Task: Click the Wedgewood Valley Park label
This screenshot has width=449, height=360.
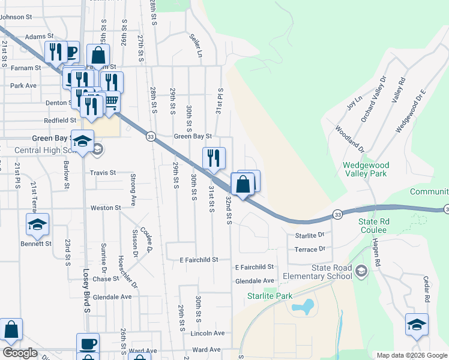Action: pyautogui.click(x=366, y=170)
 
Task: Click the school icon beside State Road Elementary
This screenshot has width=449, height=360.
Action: pyautogui.click(x=360, y=271)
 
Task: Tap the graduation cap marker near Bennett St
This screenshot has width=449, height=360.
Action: pyautogui.click(x=37, y=224)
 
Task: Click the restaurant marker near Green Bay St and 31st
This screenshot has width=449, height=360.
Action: pyautogui.click(x=214, y=158)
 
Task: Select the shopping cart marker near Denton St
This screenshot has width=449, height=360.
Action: pyautogui.click(x=111, y=103)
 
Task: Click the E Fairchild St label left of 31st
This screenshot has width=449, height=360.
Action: pyautogui.click(x=197, y=260)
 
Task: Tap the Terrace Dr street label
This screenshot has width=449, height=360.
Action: pyautogui.click(x=309, y=248)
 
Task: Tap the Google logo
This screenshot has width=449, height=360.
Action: pyautogui.click(x=20, y=353)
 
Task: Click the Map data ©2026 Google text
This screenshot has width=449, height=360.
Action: pyautogui.click(x=411, y=355)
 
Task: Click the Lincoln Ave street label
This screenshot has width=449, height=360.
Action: pyautogui.click(x=207, y=333)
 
